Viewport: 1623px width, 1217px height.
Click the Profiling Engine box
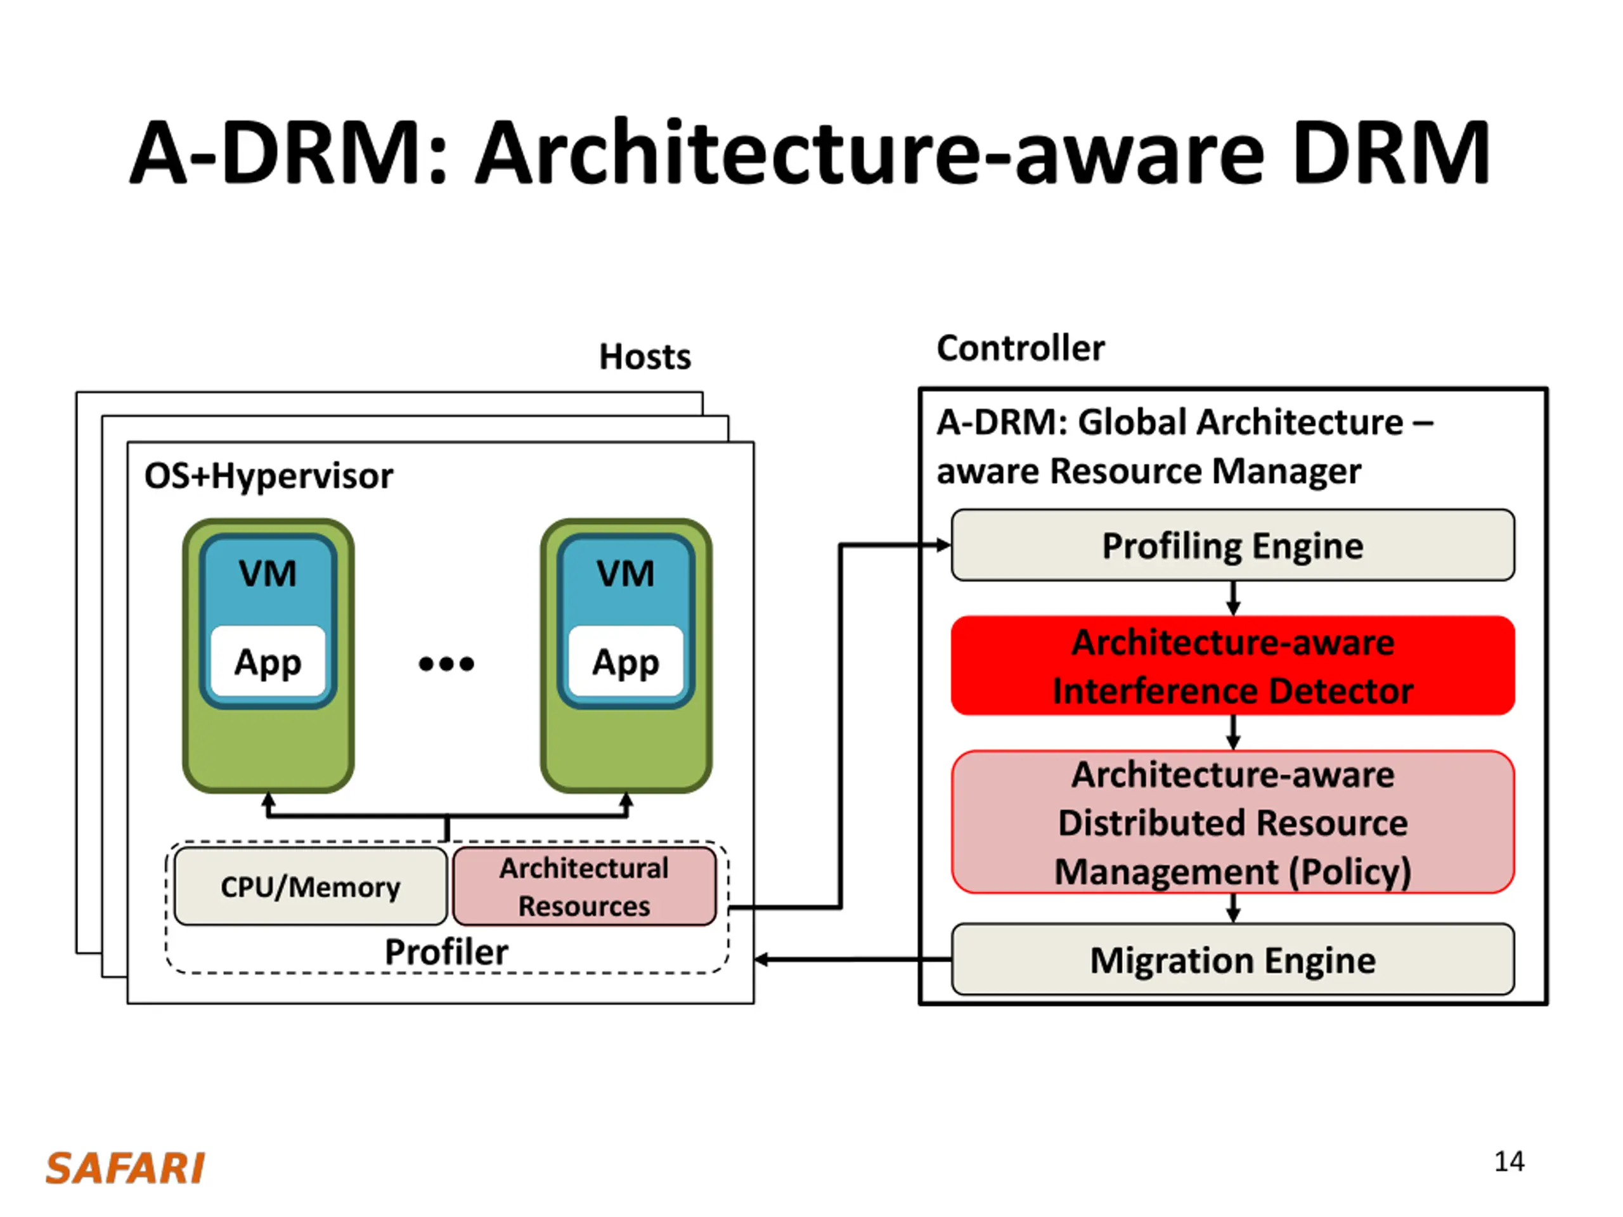[1232, 545]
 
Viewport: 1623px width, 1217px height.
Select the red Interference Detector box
[1232, 666]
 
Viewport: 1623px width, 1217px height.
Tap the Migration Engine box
[1232, 960]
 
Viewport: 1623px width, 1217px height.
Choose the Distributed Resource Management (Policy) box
[1232, 821]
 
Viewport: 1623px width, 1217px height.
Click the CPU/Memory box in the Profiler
[311, 886]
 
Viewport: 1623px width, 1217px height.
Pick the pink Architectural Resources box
[585, 886]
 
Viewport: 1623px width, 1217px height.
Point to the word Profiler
[446, 952]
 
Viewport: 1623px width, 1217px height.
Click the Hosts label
[645, 356]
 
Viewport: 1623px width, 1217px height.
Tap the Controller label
[1021, 348]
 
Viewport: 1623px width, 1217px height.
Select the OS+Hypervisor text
[269, 476]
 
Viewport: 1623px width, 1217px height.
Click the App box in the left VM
[268, 661]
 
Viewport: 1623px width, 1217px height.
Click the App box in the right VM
[626, 661]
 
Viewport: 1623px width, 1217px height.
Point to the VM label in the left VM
[268, 573]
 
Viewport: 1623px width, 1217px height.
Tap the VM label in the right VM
[626, 573]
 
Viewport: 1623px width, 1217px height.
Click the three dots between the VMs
[446, 664]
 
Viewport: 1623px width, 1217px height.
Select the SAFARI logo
[126, 1169]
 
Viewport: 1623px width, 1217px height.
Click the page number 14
[1510, 1161]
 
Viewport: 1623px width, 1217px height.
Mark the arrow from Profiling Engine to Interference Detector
[1233, 598]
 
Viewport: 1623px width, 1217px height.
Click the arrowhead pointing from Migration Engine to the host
[761, 960]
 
